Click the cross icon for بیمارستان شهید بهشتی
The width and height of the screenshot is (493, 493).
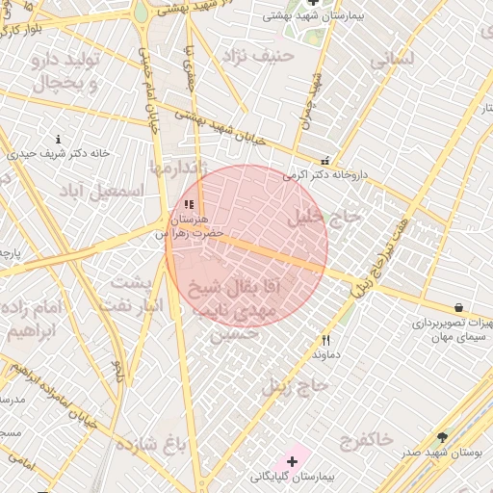point(312,3)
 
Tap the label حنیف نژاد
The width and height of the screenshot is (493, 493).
point(256,56)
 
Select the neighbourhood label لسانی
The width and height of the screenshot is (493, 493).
point(392,58)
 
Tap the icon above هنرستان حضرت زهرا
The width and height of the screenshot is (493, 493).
point(189,205)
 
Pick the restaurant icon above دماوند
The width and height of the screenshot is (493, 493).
point(326,340)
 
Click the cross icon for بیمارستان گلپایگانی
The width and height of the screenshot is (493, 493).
point(293,462)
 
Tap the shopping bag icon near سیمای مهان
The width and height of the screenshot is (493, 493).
point(458,308)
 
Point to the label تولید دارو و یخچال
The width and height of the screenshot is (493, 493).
point(67,72)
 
